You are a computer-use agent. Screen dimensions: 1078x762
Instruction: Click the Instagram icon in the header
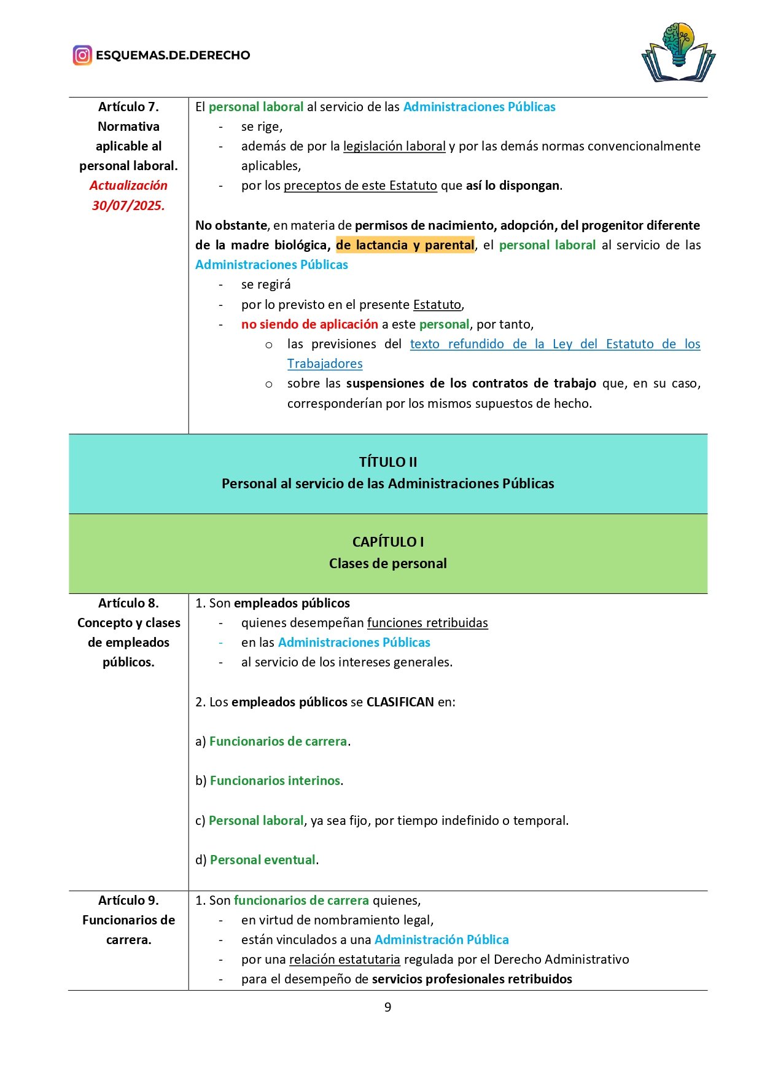click(x=82, y=55)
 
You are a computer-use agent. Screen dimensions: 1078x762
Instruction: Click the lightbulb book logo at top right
click(x=678, y=53)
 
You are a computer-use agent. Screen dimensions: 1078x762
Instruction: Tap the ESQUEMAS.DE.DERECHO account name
click(x=173, y=55)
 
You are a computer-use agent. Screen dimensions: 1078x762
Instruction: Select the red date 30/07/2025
click(x=128, y=206)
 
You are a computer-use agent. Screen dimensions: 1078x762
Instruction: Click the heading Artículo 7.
click(x=128, y=107)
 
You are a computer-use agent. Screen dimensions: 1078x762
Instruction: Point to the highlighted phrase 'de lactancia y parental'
click(x=405, y=245)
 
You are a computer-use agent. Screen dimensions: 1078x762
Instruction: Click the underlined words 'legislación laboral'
click(x=394, y=146)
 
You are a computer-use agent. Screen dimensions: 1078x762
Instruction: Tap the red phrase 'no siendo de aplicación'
click(x=309, y=324)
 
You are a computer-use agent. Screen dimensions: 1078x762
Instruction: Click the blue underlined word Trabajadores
click(x=325, y=364)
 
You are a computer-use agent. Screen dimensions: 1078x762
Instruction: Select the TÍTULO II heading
click(x=387, y=462)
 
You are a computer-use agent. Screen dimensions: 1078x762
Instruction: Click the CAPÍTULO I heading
click(x=387, y=542)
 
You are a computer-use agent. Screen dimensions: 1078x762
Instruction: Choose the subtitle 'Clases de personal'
click(x=387, y=563)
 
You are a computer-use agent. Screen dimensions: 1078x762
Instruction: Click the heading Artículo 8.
click(x=128, y=603)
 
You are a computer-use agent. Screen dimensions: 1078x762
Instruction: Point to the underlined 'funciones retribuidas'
click(x=427, y=623)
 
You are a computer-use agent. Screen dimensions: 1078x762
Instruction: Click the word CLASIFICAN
click(x=400, y=702)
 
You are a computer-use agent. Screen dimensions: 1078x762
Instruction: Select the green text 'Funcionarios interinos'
click(x=275, y=781)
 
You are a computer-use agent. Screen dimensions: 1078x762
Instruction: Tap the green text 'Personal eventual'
click(x=263, y=860)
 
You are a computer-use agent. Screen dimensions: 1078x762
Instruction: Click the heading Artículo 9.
click(x=128, y=900)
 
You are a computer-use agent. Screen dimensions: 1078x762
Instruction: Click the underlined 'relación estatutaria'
click(x=344, y=959)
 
